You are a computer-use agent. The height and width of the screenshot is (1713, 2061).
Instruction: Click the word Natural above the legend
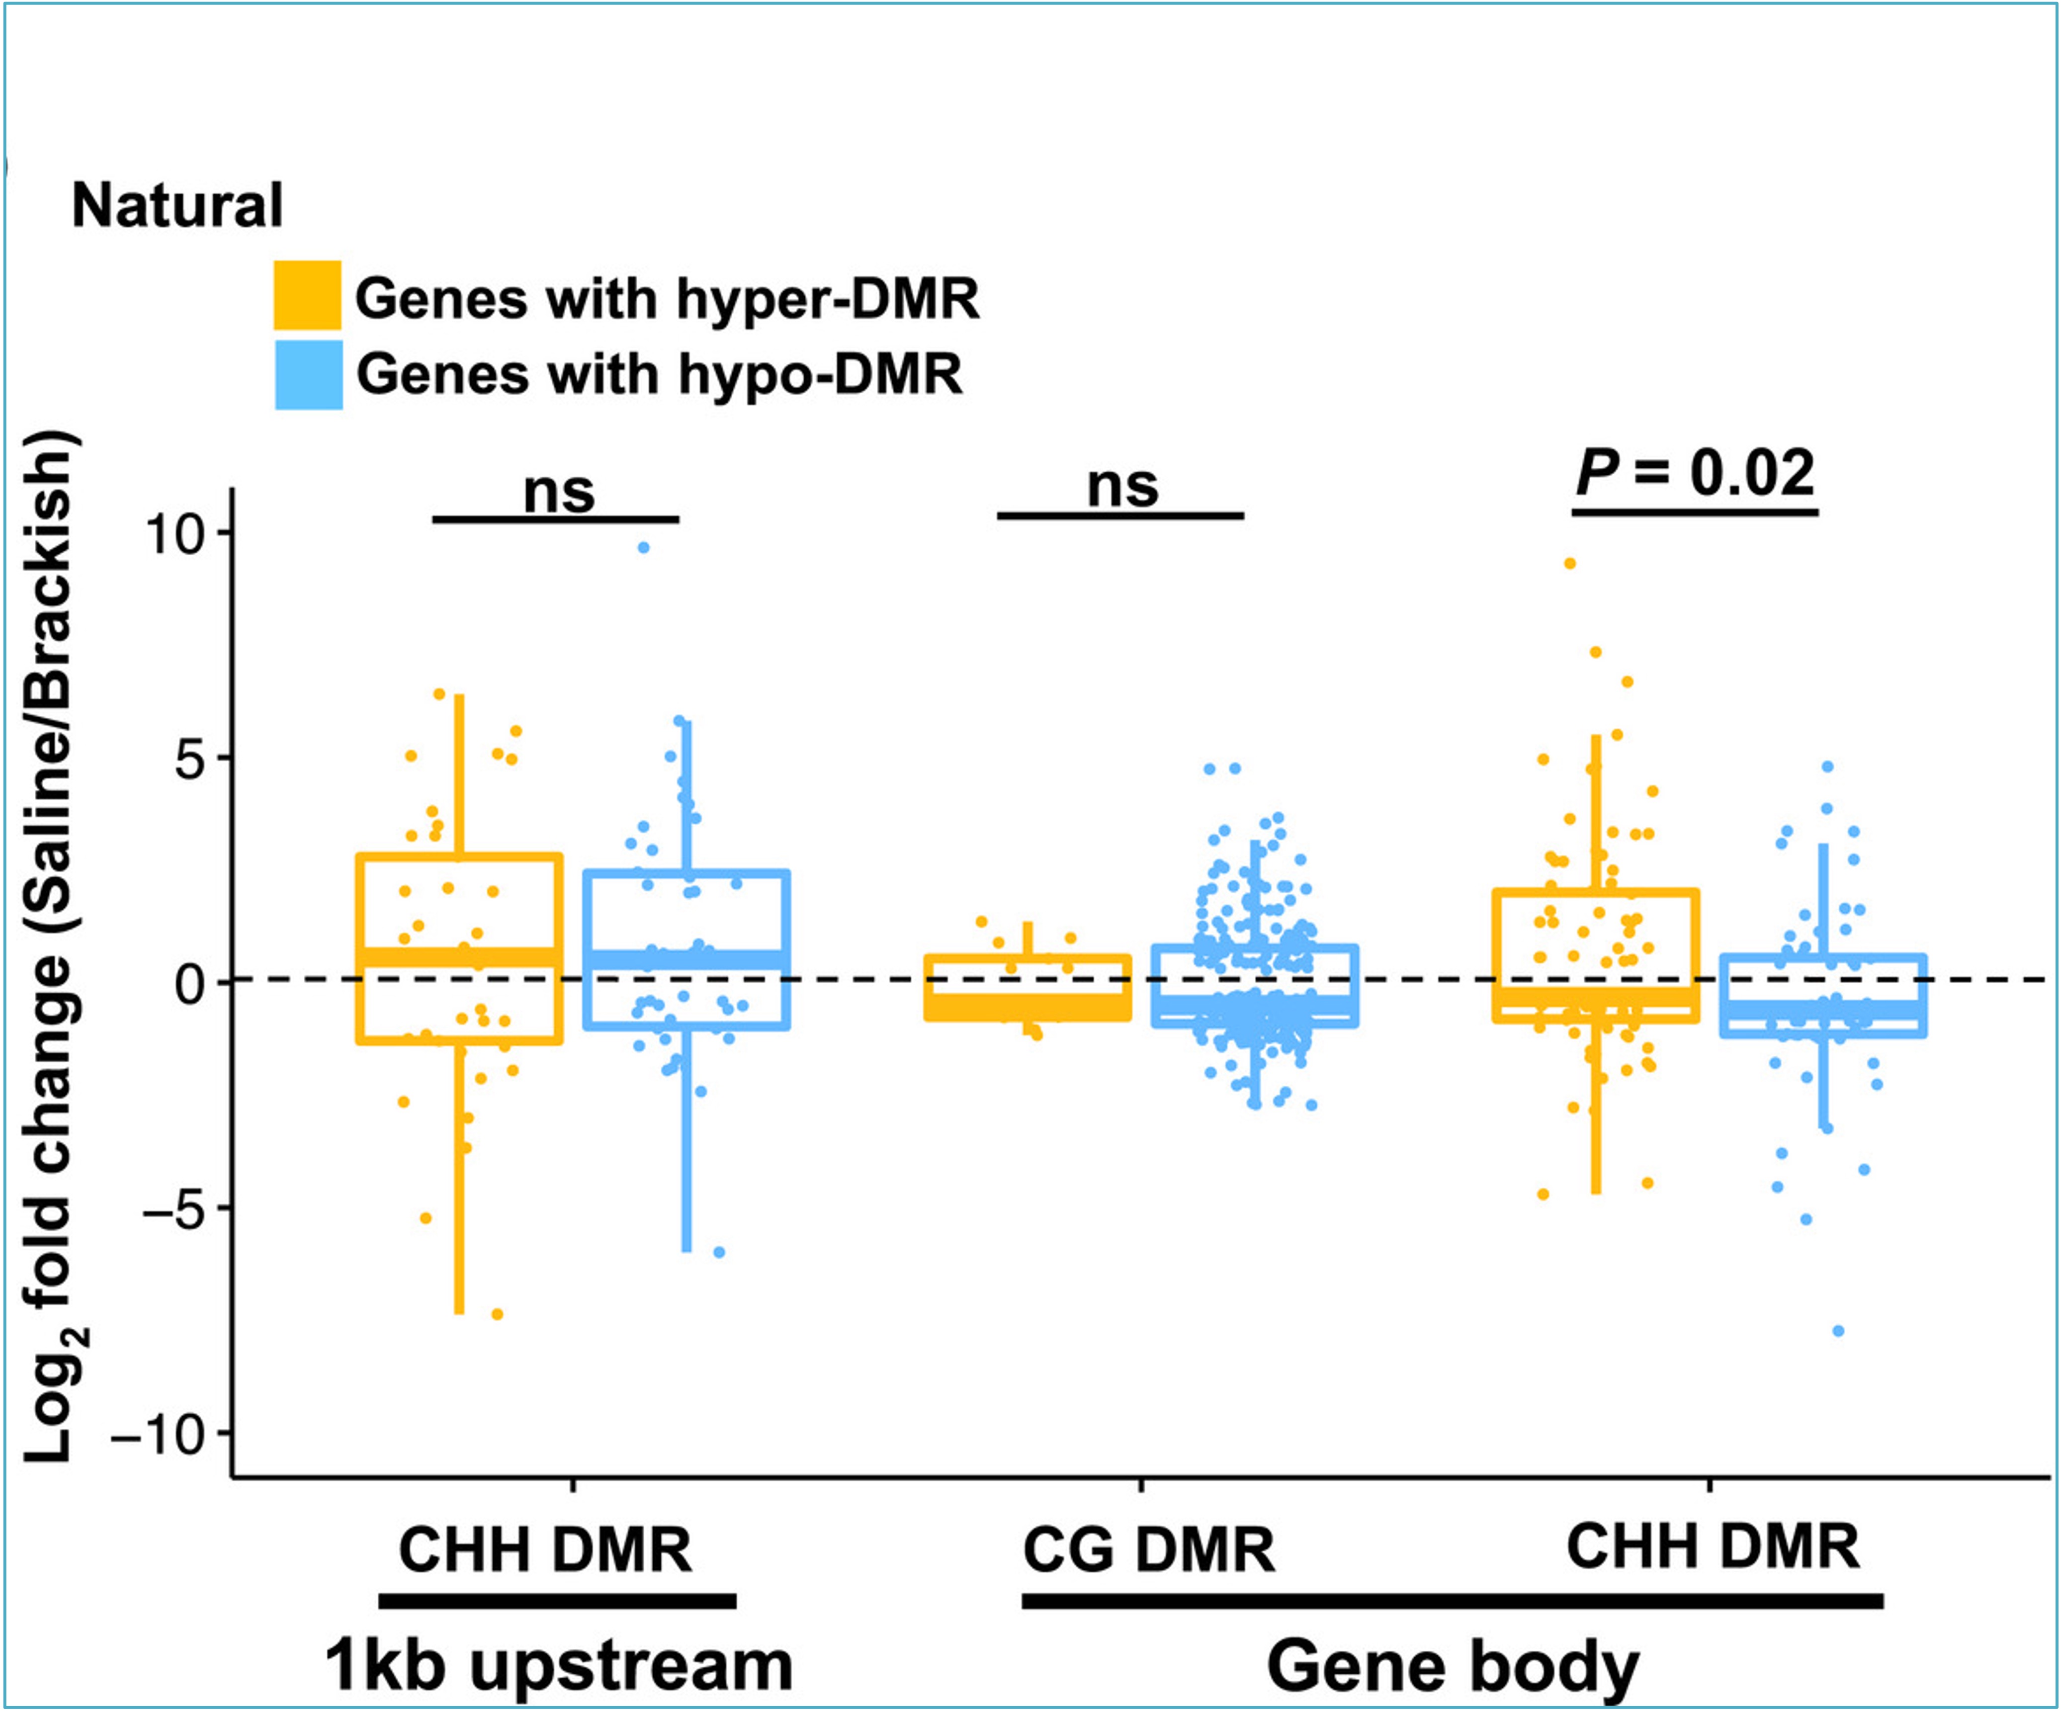(177, 206)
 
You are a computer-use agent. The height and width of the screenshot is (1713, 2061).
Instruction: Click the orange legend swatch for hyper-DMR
(307, 294)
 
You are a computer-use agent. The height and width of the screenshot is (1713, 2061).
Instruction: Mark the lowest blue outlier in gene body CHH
(1838, 1331)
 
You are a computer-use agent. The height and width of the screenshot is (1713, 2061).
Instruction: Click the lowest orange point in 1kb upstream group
(497, 1314)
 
